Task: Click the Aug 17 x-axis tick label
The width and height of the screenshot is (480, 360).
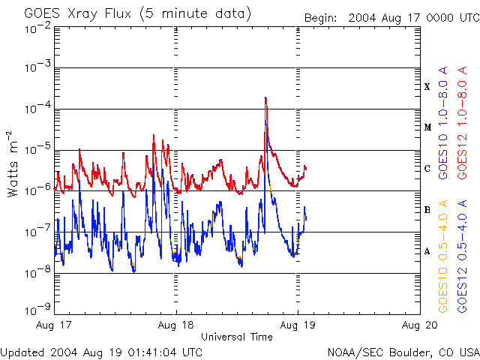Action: pyautogui.click(x=55, y=325)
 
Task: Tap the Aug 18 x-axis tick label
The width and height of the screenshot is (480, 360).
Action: pyautogui.click(x=176, y=325)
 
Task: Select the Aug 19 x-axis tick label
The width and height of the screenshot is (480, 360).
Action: pyautogui.click(x=298, y=325)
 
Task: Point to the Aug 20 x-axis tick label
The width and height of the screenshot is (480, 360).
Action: pyautogui.click(x=419, y=325)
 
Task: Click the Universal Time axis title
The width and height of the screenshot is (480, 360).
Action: pyautogui.click(x=236, y=337)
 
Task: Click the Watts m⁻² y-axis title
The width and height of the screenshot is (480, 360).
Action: pyautogui.click(x=13, y=163)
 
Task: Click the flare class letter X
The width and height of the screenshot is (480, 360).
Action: pyautogui.click(x=427, y=87)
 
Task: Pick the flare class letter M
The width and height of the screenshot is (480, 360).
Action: pyautogui.click(x=427, y=127)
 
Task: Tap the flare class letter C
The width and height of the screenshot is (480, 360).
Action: pyautogui.click(x=427, y=169)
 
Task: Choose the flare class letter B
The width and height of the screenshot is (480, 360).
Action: pyautogui.click(x=427, y=210)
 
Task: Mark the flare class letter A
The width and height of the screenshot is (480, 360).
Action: pyautogui.click(x=427, y=251)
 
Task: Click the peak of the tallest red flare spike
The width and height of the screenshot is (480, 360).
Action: pyautogui.click(x=265, y=97)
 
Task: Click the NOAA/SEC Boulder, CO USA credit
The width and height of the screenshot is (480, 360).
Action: pyautogui.click(x=403, y=352)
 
